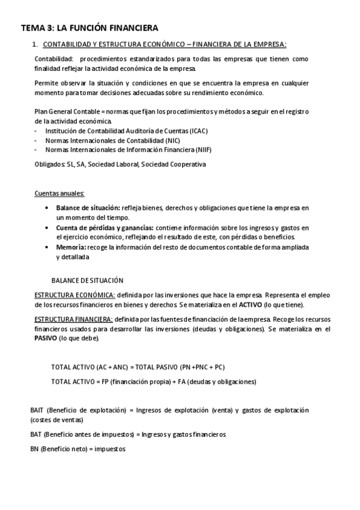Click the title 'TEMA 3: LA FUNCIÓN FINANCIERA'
(90, 28)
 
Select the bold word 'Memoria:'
(72, 247)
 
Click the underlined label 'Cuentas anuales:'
(59, 193)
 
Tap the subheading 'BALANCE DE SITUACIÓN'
(87, 280)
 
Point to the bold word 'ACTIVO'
(251, 304)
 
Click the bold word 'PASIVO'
(45, 338)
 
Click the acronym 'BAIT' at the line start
(37, 410)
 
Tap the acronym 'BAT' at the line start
(35, 434)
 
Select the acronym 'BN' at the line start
(34, 449)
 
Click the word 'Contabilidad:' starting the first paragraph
(54, 59)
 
